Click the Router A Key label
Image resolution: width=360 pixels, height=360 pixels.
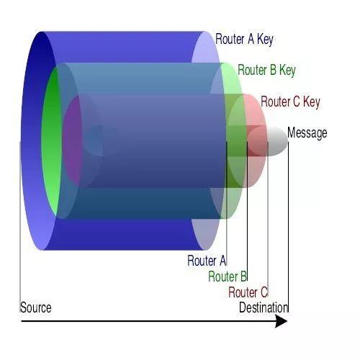pyautogui.click(x=244, y=40)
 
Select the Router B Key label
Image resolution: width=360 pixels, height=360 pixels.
pyautogui.click(x=266, y=71)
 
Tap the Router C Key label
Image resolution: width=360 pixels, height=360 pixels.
pyautogui.click(x=290, y=102)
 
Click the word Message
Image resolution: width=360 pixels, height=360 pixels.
pyautogui.click(x=307, y=132)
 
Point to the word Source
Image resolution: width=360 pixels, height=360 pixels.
pyautogui.click(x=35, y=307)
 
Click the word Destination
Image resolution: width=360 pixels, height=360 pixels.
pyautogui.click(x=264, y=307)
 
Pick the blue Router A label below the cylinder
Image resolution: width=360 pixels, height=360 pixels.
pyautogui.click(x=207, y=261)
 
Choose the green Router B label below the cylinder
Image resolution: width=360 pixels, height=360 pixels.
pyautogui.click(x=228, y=276)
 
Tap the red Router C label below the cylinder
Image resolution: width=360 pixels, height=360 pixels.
pyautogui.click(x=248, y=292)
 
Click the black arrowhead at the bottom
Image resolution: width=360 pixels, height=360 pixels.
pyautogui.click(x=282, y=321)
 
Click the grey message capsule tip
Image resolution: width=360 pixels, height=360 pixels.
pyautogui.click(x=278, y=141)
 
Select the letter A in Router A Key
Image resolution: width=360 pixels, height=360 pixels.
pyautogui.click(x=251, y=39)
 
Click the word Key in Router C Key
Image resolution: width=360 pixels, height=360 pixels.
pyautogui.click(x=312, y=102)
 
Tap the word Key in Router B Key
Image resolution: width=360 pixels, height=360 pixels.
pyautogui.click(x=287, y=71)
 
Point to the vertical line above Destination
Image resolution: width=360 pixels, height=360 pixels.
pyautogui.click(x=288, y=228)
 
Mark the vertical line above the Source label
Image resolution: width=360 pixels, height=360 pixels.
pyautogui.click(x=20, y=228)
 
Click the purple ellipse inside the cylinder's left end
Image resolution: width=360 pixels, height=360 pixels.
pyautogui.click(x=73, y=141)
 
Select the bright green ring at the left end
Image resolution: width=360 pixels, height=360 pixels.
pyautogui.click(x=51, y=142)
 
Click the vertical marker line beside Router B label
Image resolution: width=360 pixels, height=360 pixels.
pyautogui.click(x=247, y=212)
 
